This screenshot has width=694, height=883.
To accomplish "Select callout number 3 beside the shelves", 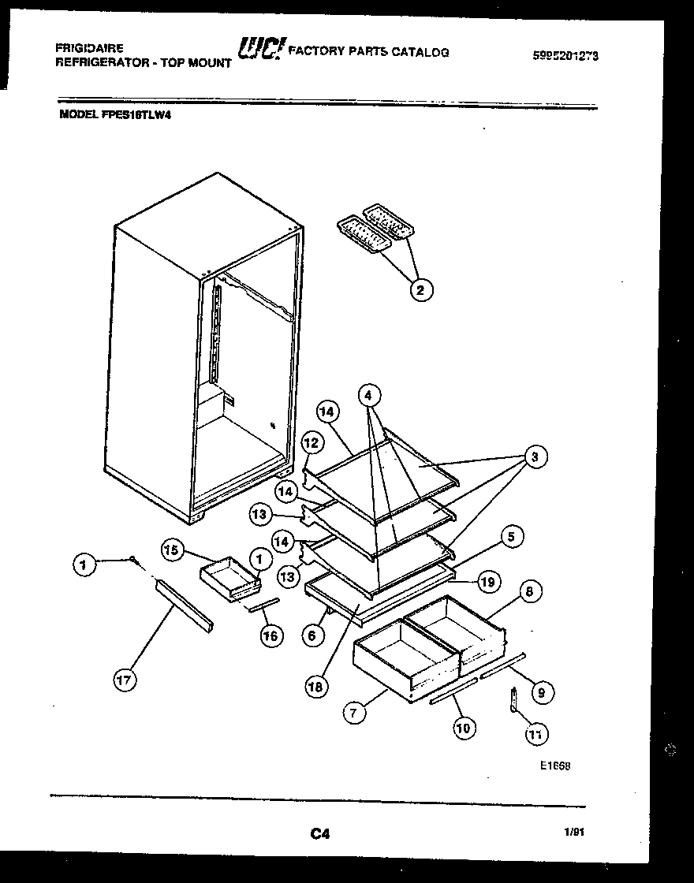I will coord(535,456).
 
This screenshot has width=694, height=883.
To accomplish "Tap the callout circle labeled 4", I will coord(368,393).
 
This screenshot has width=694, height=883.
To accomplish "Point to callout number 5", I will coord(510,538).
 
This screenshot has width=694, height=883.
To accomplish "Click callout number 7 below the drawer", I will coord(355,713).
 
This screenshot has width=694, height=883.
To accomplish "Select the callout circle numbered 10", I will coord(464,728).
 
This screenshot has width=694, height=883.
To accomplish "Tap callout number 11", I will coord(535,735).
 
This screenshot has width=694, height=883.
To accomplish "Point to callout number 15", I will coord(172,550).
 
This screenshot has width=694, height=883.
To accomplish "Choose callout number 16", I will coord(271,635).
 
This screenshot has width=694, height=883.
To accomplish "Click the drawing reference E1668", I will coord(555,766).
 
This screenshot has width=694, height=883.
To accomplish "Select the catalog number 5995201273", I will coord(566,56).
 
